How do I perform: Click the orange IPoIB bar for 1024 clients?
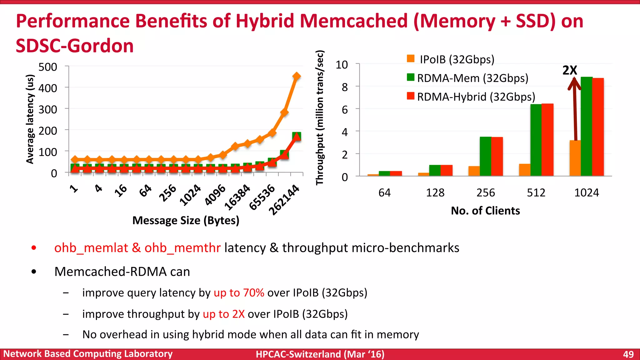click(575, 158)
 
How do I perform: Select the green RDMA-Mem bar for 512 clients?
click(536, 140)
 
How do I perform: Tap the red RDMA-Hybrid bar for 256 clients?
click(497, 156)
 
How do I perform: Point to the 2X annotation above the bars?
click(570, 70)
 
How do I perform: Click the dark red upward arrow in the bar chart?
click(575, 109)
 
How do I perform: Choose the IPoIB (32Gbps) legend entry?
click(457, 59)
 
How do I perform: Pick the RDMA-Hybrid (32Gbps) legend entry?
click(476, 97)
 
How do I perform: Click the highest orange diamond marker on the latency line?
click(297, 76)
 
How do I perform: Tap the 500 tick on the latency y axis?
click(47, 67)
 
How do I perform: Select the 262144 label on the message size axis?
click(284, 200)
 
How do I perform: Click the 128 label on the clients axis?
click(435, 192)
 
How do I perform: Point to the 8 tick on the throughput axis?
click(345, 87)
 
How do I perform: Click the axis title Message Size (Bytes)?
click(186, 221)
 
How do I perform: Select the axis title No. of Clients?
click(485, 211)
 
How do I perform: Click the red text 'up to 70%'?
click(239, 293)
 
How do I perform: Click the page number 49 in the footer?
click(628, 354)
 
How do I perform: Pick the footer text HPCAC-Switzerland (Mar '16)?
click(320, 354)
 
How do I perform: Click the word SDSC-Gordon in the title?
click(75, 46)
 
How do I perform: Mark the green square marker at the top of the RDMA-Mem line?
click(297, 136)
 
